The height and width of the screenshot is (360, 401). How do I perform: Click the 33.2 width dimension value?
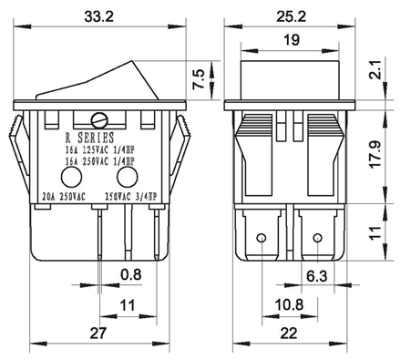[99, 16]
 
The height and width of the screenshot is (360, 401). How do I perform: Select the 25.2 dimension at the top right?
[291, 16]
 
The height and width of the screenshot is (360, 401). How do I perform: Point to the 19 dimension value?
[292, 40]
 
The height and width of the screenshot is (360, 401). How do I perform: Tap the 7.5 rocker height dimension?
[199, 79]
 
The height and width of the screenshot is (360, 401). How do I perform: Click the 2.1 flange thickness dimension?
[375, 69]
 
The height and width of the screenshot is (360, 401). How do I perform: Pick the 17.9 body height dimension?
[376, 153]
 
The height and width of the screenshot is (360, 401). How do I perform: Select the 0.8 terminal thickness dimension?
[131, 274]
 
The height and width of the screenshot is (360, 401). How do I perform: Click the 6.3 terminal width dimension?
[317, 276]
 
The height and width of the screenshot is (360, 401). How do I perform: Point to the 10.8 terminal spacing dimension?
[289, 304]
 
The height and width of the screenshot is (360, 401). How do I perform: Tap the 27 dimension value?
[98, 333]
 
